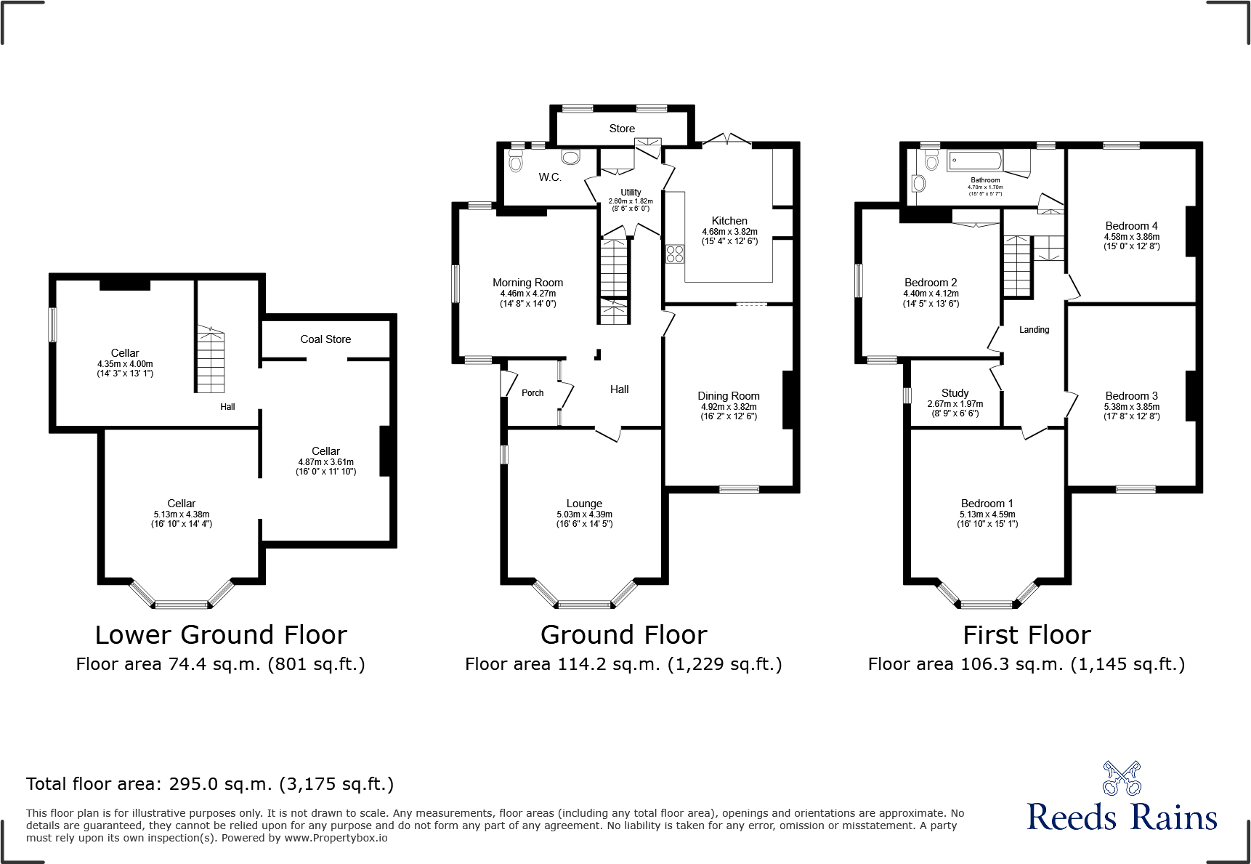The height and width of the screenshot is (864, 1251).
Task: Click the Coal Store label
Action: pos(325,339)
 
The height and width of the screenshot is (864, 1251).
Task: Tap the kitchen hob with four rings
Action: pos(675,254)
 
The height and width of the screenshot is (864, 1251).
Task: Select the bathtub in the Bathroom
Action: pos(975,161)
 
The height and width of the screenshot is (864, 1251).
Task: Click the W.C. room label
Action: pos(550,177)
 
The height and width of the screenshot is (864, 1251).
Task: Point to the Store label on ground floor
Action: pos(622,129)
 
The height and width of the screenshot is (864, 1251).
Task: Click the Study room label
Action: pos(955,393)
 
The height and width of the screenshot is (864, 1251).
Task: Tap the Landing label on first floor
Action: pos(1034,330)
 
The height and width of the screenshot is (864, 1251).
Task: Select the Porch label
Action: pos(533,393)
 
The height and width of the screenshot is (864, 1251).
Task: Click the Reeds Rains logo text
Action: pos(1122,817)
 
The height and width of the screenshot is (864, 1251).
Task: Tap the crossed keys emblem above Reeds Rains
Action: pos(1122,778)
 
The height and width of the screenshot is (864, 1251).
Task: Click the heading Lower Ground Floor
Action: pos(221,635)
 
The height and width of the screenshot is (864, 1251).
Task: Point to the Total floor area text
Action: pos(210,784)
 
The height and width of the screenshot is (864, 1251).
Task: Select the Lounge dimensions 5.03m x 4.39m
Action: pos(584,514)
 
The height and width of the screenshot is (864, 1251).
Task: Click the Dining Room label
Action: pos(729,396)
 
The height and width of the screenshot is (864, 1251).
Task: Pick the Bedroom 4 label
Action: pos(1131,226)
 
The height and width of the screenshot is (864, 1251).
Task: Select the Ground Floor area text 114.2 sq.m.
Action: pos(623,664)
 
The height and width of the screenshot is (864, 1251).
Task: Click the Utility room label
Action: pos(631,193)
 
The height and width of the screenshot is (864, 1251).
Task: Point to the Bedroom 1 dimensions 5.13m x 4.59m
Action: pos(987,514)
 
